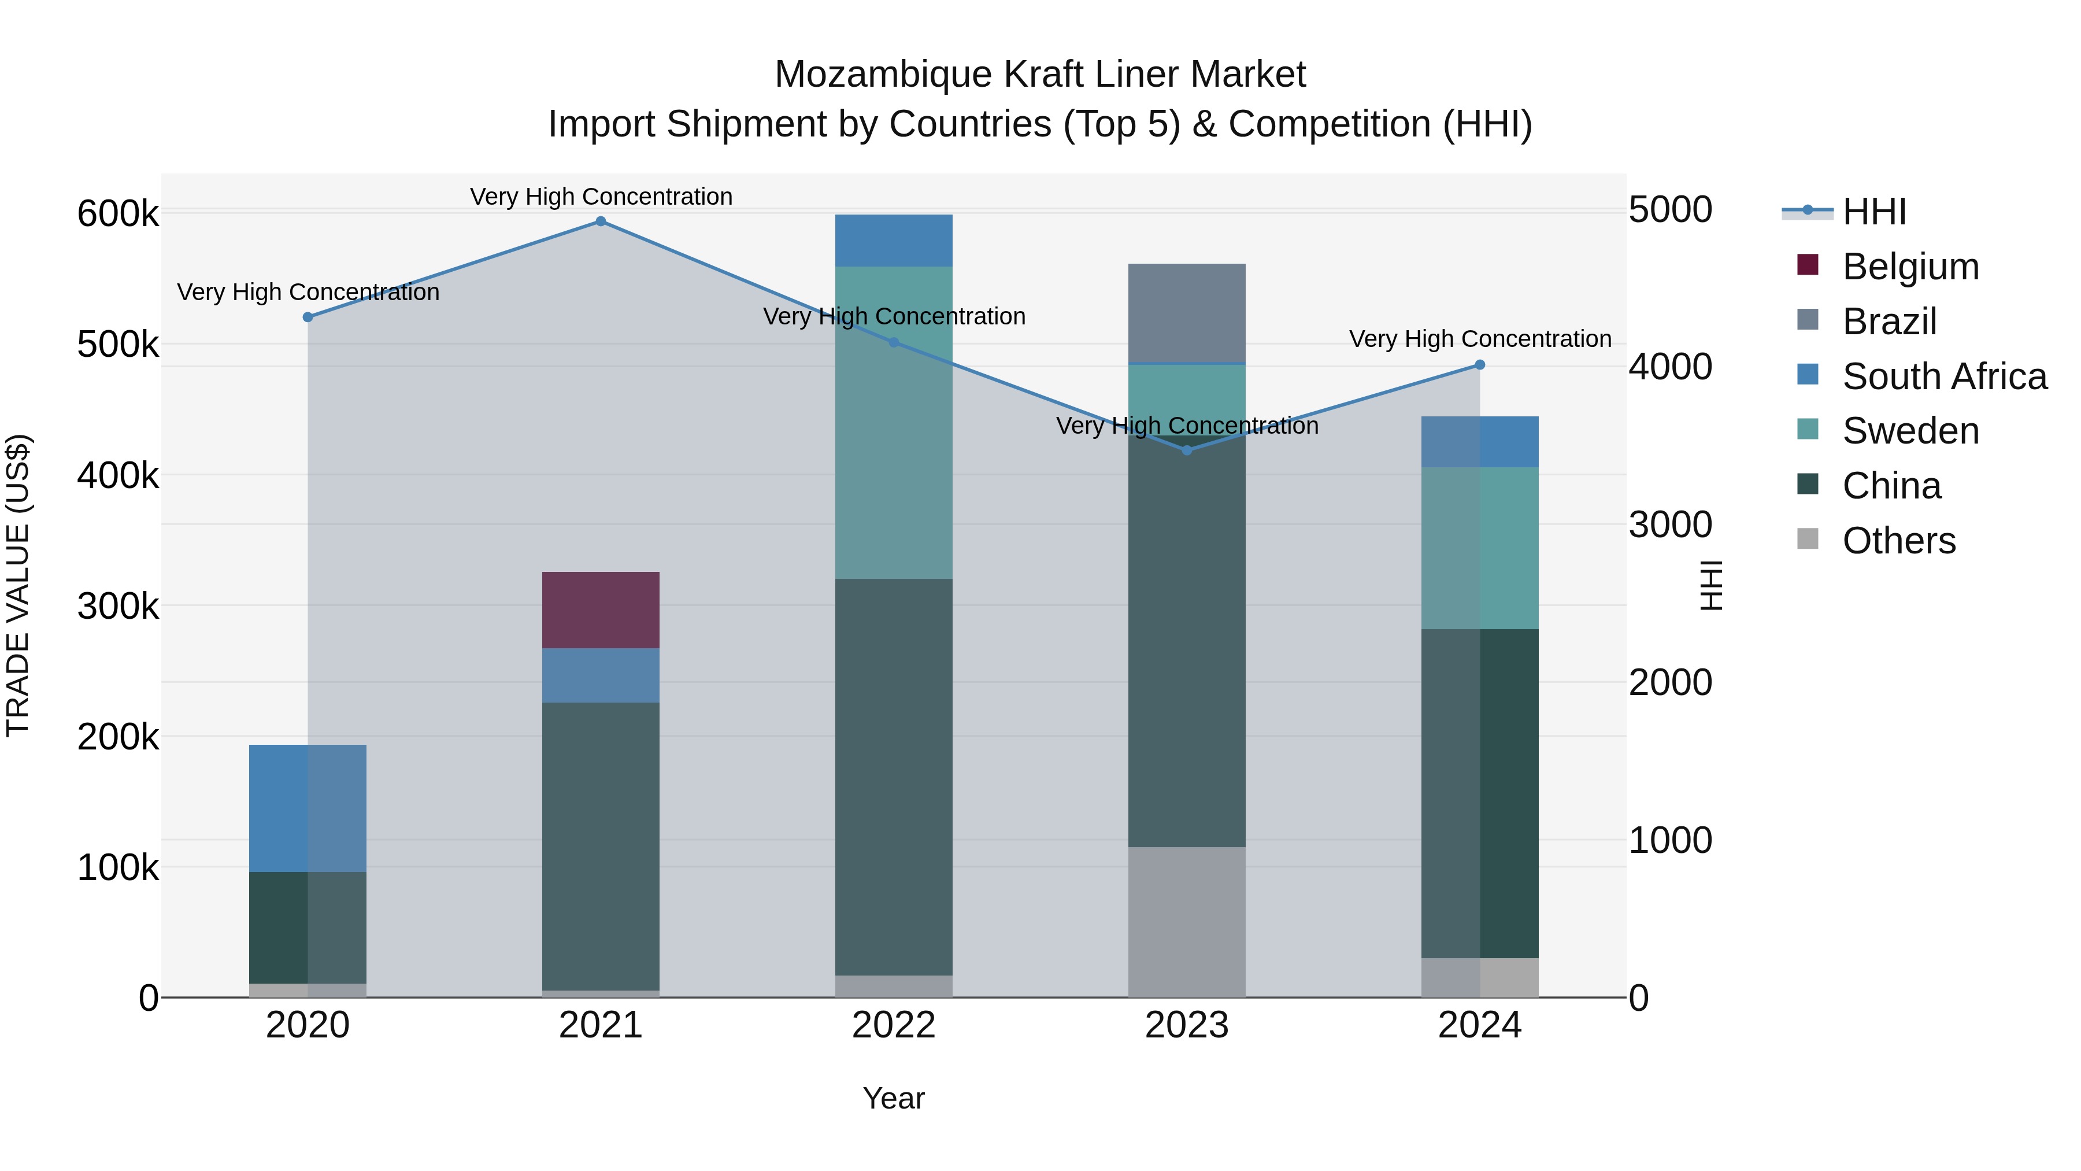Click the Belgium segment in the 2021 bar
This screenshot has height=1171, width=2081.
coord(600,609)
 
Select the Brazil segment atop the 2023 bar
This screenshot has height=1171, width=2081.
coord(1186,313)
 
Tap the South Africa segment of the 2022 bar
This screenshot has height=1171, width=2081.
coord(894,240)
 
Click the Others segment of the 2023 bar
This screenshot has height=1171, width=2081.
coord(1186,921)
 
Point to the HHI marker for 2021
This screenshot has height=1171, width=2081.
coord(600,221)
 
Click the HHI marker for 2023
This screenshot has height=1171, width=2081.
coord(1187,450)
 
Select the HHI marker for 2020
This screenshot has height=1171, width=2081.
coord(308,317)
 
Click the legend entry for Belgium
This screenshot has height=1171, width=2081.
coord(1910,267)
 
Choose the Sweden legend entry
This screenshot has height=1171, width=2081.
coord(1910,431)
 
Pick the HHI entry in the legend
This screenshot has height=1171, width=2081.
coord(1874,212)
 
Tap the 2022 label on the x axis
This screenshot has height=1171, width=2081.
coord(894,1025)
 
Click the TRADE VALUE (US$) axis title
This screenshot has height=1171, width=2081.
coord(18,585)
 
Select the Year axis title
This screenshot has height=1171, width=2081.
coord(894,1098)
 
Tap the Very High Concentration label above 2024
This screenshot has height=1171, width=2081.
coord(1480,339)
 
